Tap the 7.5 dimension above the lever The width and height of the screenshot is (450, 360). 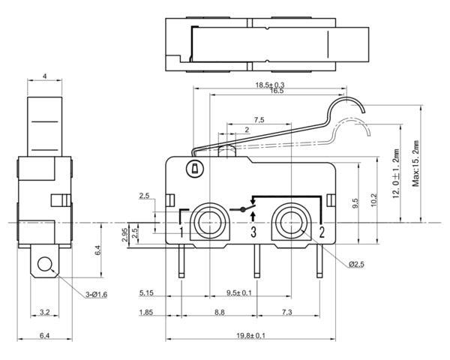(259, 119)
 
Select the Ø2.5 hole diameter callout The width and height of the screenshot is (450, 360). (357, 265)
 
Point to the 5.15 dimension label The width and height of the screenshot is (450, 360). (146, 292)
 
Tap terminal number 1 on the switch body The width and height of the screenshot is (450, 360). (181, 232)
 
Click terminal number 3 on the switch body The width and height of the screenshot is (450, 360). (253, 232)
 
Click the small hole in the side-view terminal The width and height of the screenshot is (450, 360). (46, 265)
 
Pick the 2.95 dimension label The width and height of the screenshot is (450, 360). (125, 235)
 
